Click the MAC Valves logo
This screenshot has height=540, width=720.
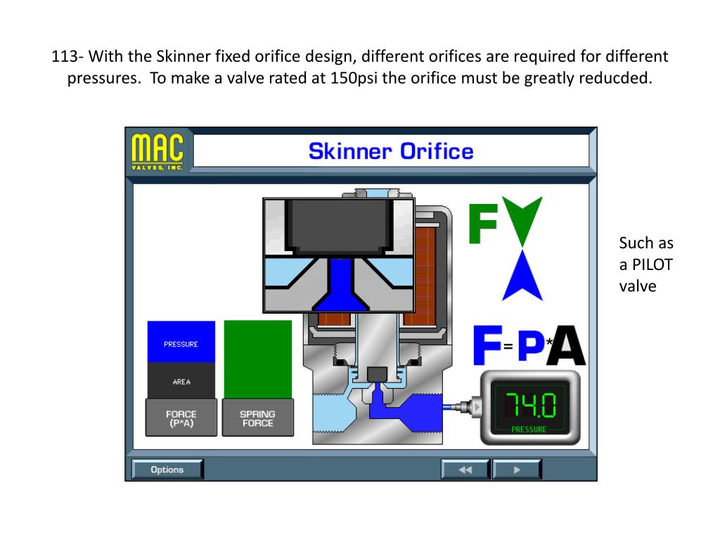(x=158, y=151)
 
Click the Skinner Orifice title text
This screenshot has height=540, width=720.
(x=391, y=151)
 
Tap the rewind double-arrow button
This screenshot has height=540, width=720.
(x=465, y=470)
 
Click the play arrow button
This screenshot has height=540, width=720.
(x=517, y=470)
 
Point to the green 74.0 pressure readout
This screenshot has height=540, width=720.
(x=530, y=406)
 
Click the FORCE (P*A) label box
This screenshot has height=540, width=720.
(x=181, y=418)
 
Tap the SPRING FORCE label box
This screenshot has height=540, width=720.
(x=257, y=418)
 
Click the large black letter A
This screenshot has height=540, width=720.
(x=567, y=345)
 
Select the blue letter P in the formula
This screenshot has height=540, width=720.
(x=532, y=345)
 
